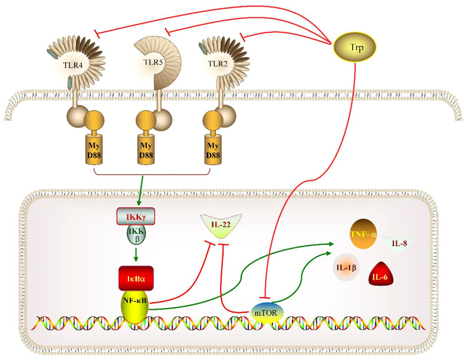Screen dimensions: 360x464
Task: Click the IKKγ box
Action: (x=136, y=217)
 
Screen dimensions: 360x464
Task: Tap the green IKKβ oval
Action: (x=136, y=234)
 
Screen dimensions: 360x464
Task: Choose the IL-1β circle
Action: (x=347, y=267)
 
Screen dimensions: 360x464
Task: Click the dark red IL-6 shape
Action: (x=380, y=275)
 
